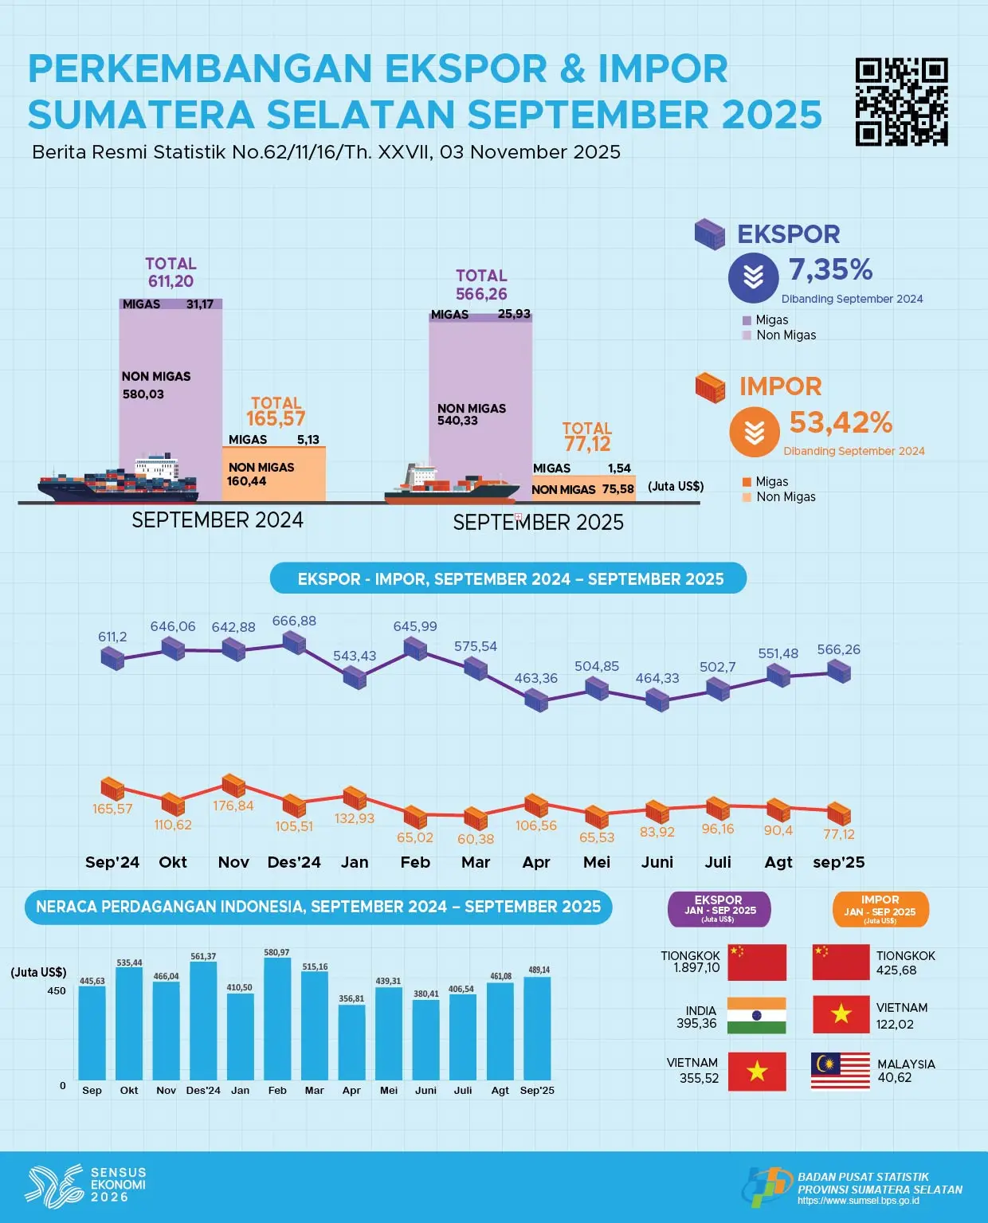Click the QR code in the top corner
click(x=901, y=101)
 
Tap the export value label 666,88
click(x=294, y=621)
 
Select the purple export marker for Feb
click(x=415, y=648)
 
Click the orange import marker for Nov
click(x=233, y=786)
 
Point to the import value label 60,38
click(x=476, y=839)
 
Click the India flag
click(x=756, y=1016)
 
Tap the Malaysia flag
click(x=841, y=1071)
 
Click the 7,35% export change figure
click(x=830, y=270)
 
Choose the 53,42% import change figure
click(x=841, y=423)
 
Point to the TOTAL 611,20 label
click(x=171, y=272)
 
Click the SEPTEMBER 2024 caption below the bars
click(x=218, y=520)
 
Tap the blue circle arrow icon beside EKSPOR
click(x=753, y=278)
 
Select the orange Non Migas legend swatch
click(x=747, y=497)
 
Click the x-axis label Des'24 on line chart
click(x=294, y=862)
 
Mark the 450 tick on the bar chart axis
click(x=57, y=991)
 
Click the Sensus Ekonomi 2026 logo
click(x=86, y=1184)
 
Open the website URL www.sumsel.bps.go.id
click(x=858, y=1201)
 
